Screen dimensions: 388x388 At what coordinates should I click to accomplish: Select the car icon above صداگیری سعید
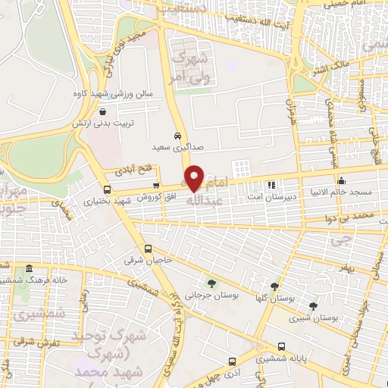point(177,136)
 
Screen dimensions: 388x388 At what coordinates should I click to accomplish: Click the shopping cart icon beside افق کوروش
point(156,184)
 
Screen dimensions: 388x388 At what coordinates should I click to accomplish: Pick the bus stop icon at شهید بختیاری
point(106,189)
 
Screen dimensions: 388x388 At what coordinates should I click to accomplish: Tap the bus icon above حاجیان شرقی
point(148,249)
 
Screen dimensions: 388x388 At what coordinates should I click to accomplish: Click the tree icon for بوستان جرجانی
point(211,284)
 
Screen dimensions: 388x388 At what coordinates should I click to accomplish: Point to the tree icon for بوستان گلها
point(274,287)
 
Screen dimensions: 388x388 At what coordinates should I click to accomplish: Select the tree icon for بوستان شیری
point(313,305)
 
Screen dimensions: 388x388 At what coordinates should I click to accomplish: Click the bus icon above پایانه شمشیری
point(281,345)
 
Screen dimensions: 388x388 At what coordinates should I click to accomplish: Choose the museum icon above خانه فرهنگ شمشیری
point(29,268)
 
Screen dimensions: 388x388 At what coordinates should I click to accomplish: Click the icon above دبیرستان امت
point(271,184)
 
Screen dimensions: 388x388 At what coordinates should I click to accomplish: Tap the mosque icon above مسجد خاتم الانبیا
point(342,181)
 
